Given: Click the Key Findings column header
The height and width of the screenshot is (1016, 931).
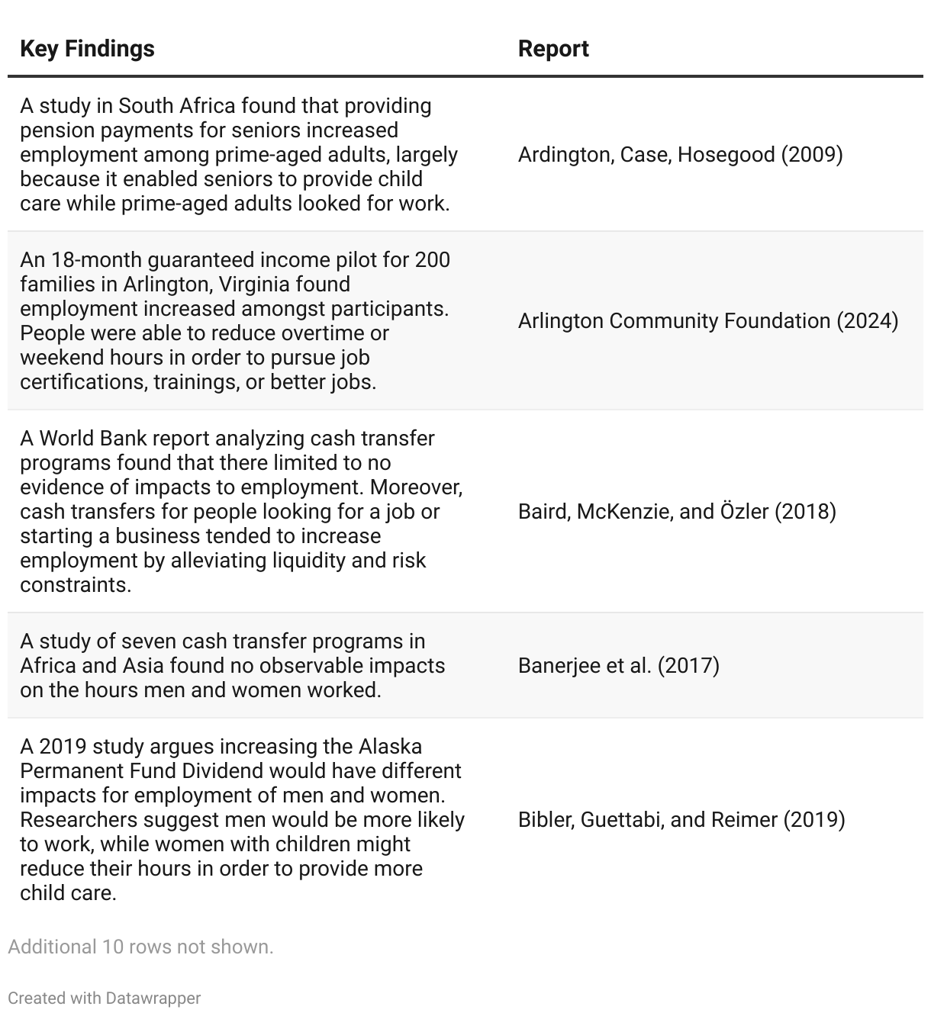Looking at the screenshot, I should [87, 49].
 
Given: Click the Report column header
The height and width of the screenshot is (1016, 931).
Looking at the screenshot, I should [553, 49].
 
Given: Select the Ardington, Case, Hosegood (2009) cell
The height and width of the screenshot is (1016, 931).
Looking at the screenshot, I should [680, 155].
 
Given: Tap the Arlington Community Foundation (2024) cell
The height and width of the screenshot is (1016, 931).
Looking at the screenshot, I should [708, 320].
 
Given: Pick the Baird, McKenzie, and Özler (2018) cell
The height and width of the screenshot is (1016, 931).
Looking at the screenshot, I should [677, 511].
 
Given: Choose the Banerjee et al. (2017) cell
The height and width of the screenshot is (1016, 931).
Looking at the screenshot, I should [618, 665].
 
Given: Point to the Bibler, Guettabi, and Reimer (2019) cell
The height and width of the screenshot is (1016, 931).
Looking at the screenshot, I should [681, 819].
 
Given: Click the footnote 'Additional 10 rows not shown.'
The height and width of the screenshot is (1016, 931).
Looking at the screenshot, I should [140, 947].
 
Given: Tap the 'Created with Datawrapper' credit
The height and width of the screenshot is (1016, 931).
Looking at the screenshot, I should [105, 998].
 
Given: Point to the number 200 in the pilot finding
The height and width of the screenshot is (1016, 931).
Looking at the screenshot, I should [433, 260].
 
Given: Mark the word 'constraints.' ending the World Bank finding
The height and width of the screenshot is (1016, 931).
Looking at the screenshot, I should [76, 585].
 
